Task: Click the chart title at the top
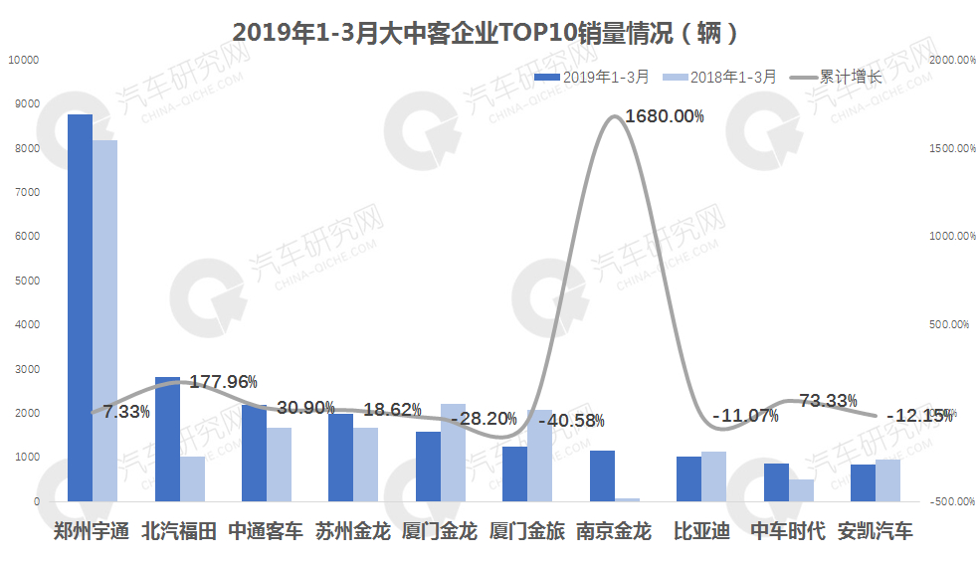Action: coord(488,32)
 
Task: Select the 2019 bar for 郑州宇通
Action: coord(80,308)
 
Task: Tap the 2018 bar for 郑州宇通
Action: coord(104,320)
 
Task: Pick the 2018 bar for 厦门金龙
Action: coord(453,453)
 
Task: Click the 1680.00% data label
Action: coord(664,116)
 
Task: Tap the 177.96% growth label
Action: coord(223,381)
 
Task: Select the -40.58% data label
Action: coord(569,420)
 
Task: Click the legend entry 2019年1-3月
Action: coord(592,77)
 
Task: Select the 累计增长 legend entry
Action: coord(836,77)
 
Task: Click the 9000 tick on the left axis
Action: coord(27,103)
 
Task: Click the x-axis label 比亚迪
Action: coord(700,531)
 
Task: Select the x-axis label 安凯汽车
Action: coord(875,531)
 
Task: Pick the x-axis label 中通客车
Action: coord(266,531)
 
